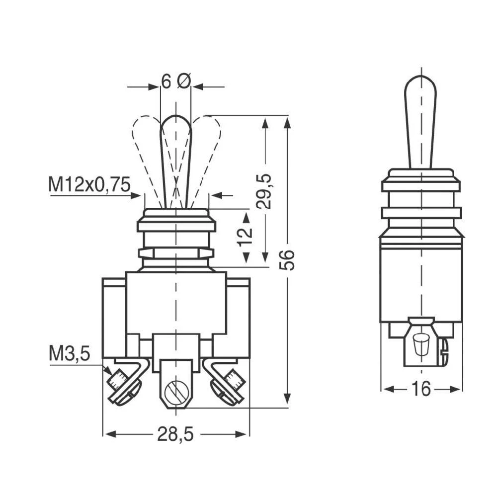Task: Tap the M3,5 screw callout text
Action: [x=70, y=353]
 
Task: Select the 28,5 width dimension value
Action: [x=175, y=434]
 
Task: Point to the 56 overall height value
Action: [x=287, y=260]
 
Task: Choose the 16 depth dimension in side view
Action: [x=421, y=389]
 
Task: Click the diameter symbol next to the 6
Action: [x=183, y=81]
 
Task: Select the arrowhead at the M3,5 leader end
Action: [x=108, y=371]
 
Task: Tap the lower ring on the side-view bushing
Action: [x=421, y=213]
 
